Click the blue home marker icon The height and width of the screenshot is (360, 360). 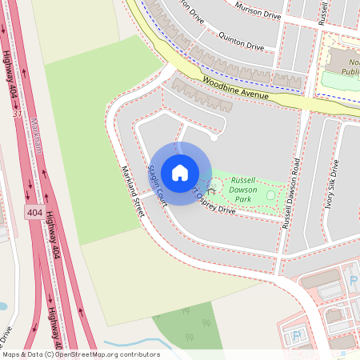[x=180, y=173]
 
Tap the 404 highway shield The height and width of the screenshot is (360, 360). [x=34, y=213]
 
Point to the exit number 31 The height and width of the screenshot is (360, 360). [x=18, y=115]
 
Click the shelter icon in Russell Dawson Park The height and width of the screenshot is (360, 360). [x=212, y=189]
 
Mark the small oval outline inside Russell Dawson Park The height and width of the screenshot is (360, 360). [x=270, y=195]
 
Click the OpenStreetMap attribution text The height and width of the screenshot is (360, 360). [x=80, y=354]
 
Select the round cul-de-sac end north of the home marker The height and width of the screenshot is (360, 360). [x=214, y=137]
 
